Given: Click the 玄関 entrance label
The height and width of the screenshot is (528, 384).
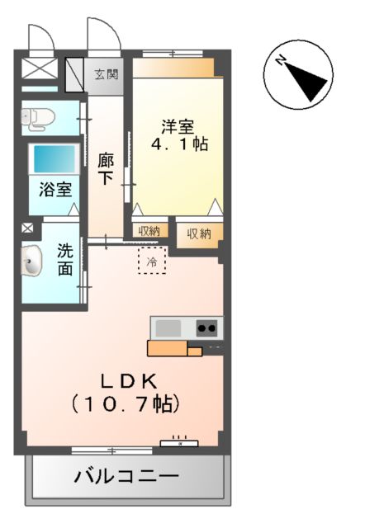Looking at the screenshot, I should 106,75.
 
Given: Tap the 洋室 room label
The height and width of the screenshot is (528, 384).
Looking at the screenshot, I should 177,127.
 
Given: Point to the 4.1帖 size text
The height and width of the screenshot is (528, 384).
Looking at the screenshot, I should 178,144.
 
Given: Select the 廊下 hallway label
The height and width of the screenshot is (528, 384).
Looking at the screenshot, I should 106,169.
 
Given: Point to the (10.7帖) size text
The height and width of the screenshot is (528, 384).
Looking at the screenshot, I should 126,404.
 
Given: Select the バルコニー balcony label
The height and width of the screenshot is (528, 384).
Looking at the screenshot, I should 126,477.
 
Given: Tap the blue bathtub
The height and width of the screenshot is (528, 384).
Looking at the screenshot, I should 54,158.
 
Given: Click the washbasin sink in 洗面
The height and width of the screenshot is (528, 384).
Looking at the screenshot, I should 32,262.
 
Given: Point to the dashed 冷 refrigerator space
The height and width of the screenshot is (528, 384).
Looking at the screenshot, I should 151,261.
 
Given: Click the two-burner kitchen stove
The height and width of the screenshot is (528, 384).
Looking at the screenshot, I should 207,328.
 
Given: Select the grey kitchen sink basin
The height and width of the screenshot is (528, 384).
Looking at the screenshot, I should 168,328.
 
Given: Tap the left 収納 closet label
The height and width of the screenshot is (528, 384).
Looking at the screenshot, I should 149,232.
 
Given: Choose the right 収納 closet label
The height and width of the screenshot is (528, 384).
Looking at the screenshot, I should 199,233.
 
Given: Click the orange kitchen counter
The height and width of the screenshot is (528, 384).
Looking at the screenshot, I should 173,348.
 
